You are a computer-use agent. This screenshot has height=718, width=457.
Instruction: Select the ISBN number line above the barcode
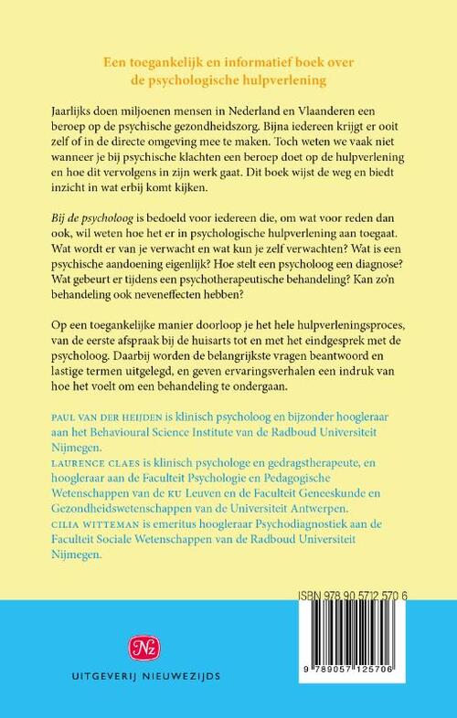point(366,593)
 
